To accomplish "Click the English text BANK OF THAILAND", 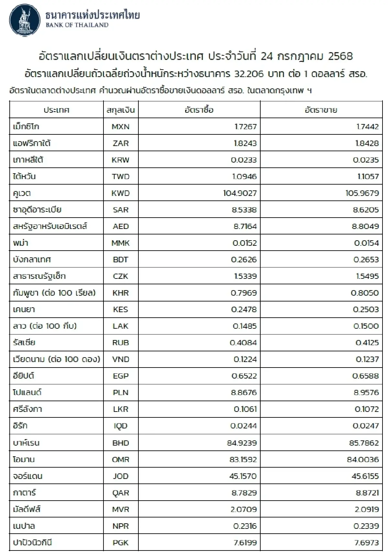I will click(77, 25).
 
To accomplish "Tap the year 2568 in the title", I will click(340, 56).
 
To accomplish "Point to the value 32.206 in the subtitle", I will click(249, 74).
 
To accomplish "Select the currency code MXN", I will click(121, 127).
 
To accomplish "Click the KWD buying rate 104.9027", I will click(240, 193).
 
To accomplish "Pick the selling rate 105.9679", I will click(362, 193).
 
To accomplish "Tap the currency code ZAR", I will click(121, 143).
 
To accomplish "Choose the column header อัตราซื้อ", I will click(199, 110).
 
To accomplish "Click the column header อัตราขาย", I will click(321, 110).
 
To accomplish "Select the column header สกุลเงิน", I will click(121, 110).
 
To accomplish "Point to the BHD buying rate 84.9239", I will click(242, 443).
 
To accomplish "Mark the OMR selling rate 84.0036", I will click(363, 460).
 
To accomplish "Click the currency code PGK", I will click(121, 542).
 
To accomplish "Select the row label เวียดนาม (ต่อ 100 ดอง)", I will click(57, 359).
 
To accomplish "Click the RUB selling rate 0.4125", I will click(367, 343).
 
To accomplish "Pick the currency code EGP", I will click(121, 376).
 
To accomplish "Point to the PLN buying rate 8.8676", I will click(244, 392).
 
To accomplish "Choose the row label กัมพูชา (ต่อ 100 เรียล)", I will click(54, 293).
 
